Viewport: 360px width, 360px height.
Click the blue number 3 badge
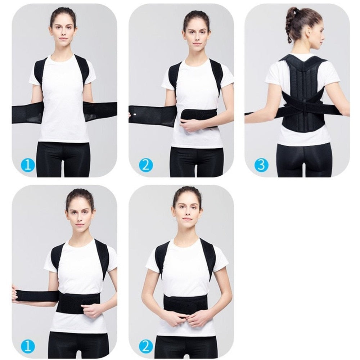click(x=261, y=165)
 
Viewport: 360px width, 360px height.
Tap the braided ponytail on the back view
click(x=289, y=25)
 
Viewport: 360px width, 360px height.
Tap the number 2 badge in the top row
click(x=146, y=165)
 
